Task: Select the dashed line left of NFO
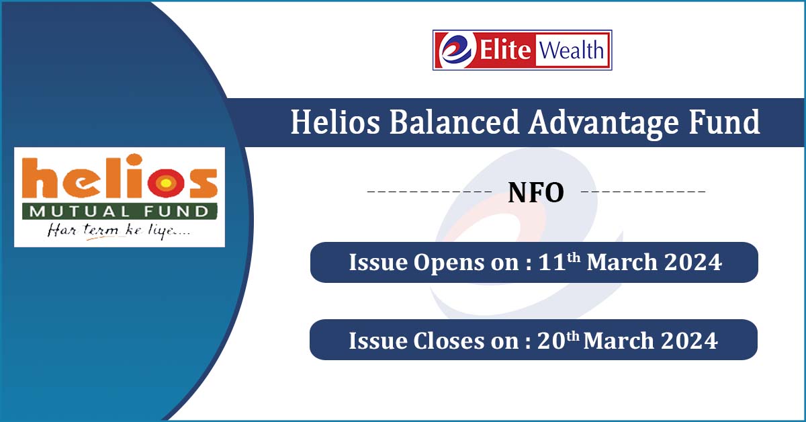(x=430, y=193)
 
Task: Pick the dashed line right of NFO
(x=643, y=193)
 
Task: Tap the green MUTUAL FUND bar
(x=120, y=212)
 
